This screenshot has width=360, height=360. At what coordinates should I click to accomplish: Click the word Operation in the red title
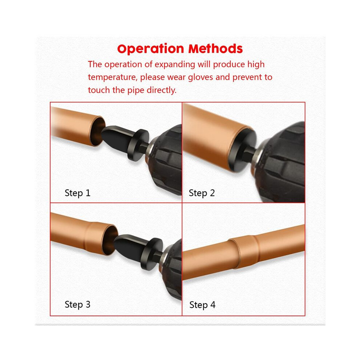click(x=151, y=49)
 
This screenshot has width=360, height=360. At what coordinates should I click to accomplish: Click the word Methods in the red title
click(x=215, y=49)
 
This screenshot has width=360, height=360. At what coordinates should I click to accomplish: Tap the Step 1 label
click(x=77, y=193)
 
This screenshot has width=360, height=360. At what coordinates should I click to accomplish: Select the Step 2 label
click(x=201, y=193)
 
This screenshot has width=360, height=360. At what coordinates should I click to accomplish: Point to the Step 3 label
click(x=77, y=304)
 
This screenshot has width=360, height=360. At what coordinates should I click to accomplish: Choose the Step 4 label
click(x=202, y=305)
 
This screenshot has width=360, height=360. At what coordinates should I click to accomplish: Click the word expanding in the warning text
click(x=175, y=65)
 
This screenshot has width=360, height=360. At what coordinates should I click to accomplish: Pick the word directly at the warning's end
click(x=161, y=90)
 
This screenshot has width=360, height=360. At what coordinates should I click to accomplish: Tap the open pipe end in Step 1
click(x=97, y=131)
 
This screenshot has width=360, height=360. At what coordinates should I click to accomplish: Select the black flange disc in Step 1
click(x=138, y=145)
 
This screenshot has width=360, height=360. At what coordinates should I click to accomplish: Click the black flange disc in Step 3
click(x=152, y=254)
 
